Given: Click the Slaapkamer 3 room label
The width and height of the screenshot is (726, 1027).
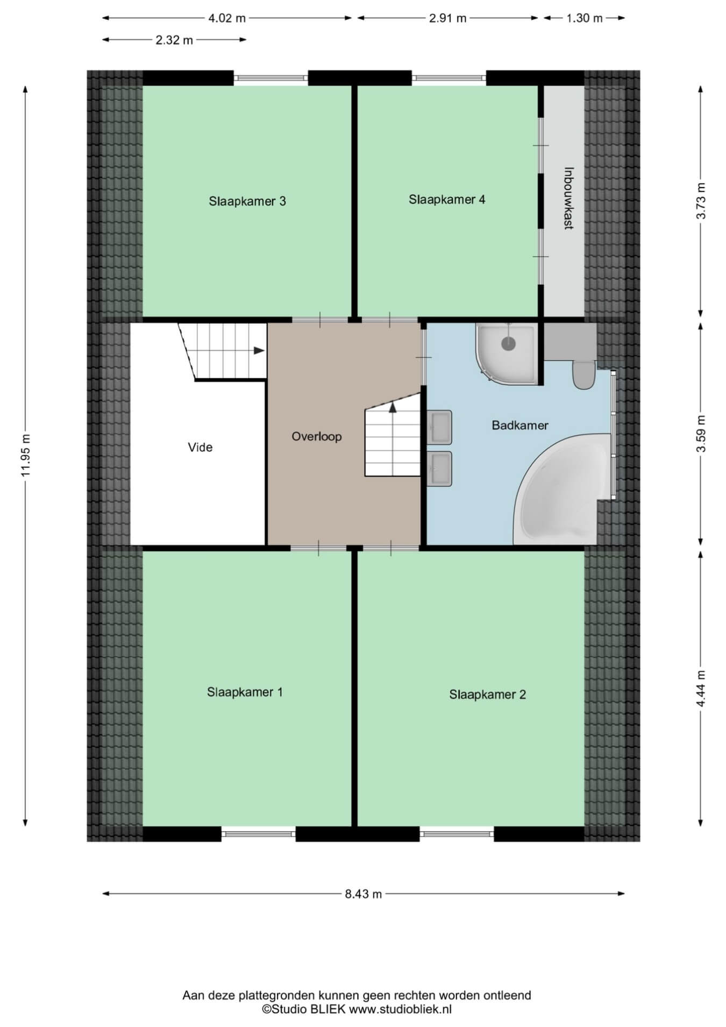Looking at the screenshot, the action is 247,201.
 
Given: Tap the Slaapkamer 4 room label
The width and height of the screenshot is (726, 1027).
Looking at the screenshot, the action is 447,200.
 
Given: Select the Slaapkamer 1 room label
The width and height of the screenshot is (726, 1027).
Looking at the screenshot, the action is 245,692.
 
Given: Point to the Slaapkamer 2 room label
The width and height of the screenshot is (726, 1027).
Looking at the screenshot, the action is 487,695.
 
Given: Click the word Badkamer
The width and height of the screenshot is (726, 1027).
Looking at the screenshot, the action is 520,425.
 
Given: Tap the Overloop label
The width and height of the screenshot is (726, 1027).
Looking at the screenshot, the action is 317,436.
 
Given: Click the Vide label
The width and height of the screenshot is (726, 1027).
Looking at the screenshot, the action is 200,447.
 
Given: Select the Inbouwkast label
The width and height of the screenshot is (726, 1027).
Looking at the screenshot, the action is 568,199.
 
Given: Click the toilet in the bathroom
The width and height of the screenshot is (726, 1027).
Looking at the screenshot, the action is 583,375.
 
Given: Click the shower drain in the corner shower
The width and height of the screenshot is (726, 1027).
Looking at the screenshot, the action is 508,343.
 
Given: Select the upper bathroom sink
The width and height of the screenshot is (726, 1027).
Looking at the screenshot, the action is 439,427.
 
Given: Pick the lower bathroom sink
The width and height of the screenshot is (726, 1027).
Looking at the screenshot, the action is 439,469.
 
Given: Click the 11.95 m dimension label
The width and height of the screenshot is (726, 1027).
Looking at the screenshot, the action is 25,455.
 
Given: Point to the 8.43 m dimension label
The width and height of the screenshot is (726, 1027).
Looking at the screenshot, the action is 364,894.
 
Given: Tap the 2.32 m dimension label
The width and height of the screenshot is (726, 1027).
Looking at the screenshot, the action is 174,40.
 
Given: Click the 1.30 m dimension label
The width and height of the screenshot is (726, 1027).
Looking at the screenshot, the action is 585,18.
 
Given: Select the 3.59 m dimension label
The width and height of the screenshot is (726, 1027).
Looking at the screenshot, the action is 701,434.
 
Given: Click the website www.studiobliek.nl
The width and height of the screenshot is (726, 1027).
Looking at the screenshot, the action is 401,1009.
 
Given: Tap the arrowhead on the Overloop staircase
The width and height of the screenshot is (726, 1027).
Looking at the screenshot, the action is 393,407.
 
